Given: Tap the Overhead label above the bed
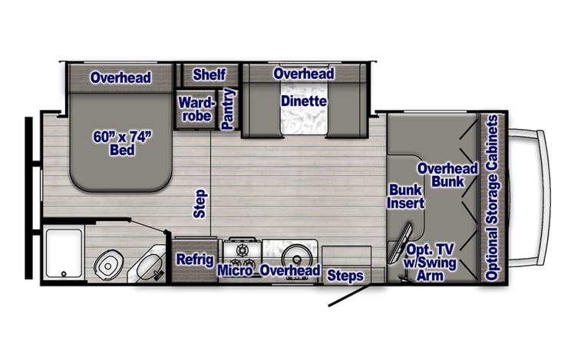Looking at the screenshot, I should (120, 78).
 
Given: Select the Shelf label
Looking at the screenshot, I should (209, 74).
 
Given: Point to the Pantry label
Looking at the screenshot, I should (227, 108).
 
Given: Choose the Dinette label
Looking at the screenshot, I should (303, 101).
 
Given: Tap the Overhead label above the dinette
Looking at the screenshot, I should (303, 74).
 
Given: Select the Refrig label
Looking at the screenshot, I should (194, 259).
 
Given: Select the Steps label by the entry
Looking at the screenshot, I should (345, 275).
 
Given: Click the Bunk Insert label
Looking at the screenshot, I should (406, 197).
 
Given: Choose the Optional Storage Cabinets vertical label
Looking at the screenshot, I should (493, 198).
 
